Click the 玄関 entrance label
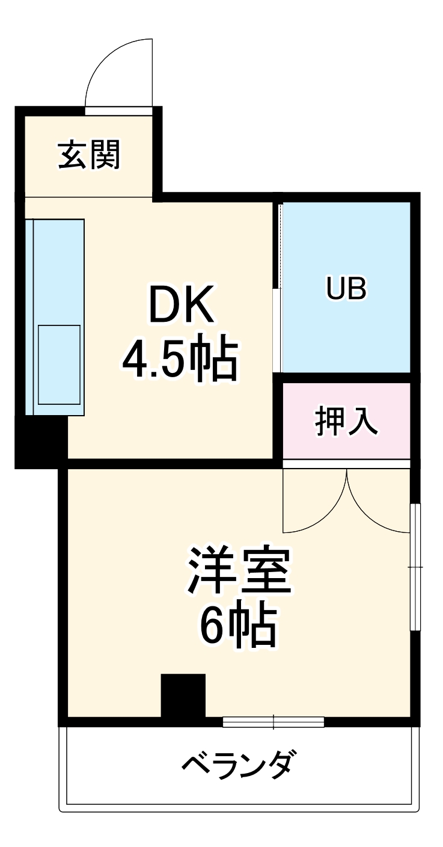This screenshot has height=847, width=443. point(90,155)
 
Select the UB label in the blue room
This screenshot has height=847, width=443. point(346,289)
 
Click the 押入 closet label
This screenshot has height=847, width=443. point(347,420)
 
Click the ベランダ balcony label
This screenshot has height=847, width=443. point(239,766)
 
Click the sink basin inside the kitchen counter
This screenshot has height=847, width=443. point(59,365)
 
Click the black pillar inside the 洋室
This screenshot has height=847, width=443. point(183,695)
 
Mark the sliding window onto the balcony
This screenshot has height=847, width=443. point(273,722)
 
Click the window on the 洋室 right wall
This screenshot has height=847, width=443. point(415,567)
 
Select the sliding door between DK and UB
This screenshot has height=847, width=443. point(277,330)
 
